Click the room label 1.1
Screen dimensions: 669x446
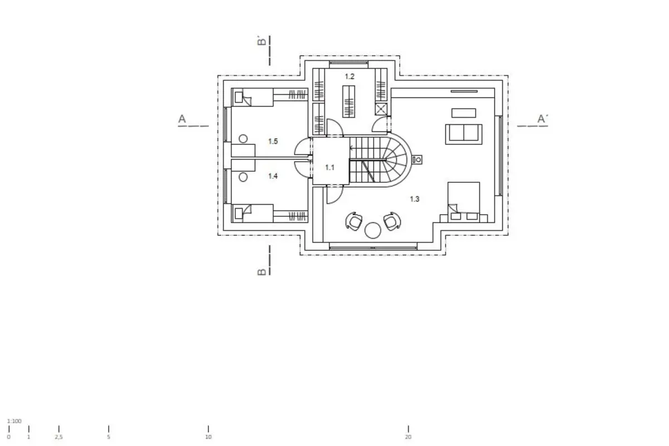click(329, 168)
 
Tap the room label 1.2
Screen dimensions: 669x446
click(350, 76)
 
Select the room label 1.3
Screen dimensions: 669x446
click(415, 199)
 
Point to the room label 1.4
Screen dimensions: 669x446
click(273, 176)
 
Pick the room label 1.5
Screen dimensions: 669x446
click(273, 141)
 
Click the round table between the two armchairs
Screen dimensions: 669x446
click(373, 230)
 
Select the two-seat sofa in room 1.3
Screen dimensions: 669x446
click(463, 134)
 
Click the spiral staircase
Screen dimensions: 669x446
click(381, 160)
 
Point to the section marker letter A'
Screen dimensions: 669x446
click(542, 119)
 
